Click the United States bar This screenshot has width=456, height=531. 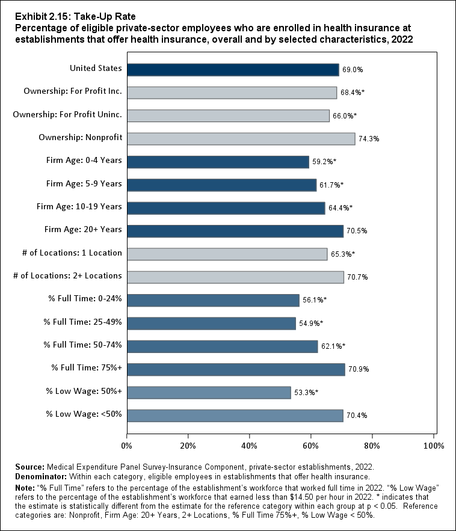233,69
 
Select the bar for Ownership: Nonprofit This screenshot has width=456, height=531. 241,138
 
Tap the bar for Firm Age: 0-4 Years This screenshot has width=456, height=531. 218,161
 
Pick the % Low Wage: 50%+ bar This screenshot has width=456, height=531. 209,392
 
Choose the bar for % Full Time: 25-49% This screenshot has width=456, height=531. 211,323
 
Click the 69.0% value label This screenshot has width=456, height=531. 353,70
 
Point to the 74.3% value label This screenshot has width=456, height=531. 369,139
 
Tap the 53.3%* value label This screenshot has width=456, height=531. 306,393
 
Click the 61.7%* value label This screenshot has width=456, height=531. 331,185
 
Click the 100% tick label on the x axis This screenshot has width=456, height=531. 434,446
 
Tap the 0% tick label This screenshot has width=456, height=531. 127,446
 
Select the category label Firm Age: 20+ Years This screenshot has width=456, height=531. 83,230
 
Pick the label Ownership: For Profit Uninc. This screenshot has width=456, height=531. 67,114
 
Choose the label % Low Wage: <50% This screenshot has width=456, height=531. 84,414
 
